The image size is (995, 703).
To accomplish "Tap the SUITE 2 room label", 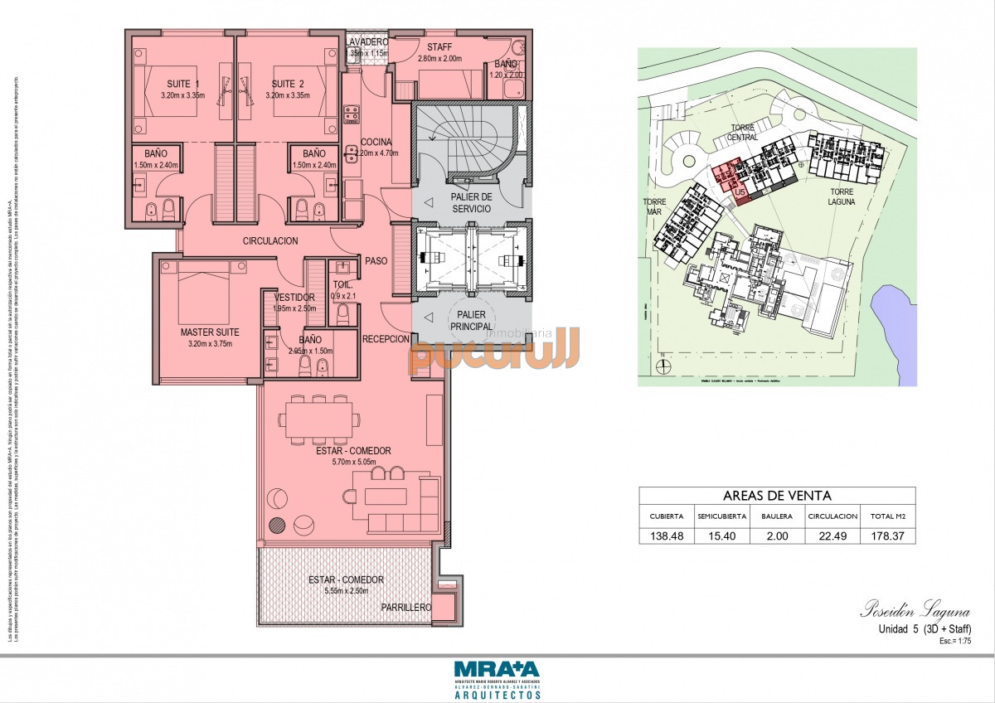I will click(288, 84).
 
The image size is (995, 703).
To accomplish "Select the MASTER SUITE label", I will click(210, 332).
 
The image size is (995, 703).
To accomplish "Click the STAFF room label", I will click(439, 47).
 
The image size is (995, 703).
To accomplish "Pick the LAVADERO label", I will click(366, 41).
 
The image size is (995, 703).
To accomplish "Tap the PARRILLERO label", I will click(406, 608).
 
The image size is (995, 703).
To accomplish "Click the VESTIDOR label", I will click(294, 297).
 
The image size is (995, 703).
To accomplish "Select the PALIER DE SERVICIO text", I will click(472, 202).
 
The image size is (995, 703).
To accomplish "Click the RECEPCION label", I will click(386, 339).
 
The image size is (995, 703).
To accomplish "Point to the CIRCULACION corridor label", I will click(270, 241).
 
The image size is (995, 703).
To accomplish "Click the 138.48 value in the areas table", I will click(667, 536).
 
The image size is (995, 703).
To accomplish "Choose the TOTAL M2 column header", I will click(887, 516).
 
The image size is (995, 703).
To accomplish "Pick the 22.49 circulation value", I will click(832, 536).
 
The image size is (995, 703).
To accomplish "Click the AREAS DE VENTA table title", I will click(777, 496).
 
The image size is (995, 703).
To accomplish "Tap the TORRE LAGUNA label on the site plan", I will click(847, 196).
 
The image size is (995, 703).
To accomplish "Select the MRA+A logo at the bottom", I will click(497, 669).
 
